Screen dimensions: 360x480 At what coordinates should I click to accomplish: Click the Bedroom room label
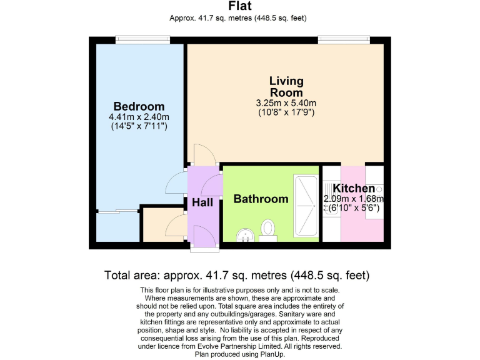[x=139, y=106]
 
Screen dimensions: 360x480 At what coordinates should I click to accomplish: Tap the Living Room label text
[x=286, y=87]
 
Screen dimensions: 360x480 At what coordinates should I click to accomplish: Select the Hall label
[x=202, y=202]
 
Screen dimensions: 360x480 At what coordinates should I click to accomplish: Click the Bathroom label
[x=261, y=199]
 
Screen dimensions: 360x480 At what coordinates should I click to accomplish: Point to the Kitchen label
[x=354, y=189]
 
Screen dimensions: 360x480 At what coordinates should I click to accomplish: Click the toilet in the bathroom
[x=269, y=229]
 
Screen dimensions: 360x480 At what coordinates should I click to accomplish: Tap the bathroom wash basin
[x=245, y=235]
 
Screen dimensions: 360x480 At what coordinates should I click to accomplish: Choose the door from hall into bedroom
[x=177, y=182]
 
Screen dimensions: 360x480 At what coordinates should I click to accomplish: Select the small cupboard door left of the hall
[x=177, y=226]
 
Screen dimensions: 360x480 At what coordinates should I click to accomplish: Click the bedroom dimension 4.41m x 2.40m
[x=139, y=117]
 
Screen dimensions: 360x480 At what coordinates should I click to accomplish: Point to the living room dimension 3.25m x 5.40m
[x=286, y=103]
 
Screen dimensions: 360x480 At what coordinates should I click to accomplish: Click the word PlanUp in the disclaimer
[x=267, y=354]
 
